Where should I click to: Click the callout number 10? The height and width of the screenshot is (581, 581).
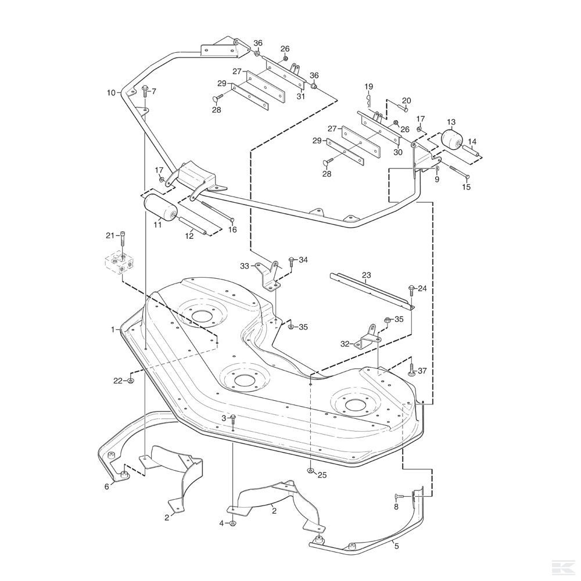pyautogui.click(x=111, y=92)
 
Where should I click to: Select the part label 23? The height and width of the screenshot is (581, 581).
pyautogui.click(x=366, y=275)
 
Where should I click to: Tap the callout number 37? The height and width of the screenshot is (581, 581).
pyautogui.click(x=422, y=371)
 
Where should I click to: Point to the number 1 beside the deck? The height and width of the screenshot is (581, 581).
pyautogui.click(x=113, y=329)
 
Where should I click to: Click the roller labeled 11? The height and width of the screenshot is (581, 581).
pyautogui.click(x=160, y=207)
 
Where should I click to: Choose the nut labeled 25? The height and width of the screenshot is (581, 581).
pyautogui.click(x=310, y=471)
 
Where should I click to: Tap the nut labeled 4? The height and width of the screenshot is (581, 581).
pyautogui.click(x=233, y=523)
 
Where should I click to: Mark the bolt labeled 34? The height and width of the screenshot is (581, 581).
pyautogui.click(x=291, y=261)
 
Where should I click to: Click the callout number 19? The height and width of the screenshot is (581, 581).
pyautogui.click(x=368, y=87)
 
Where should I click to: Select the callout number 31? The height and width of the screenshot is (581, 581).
pyautogui.click(x=300, y=96)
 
